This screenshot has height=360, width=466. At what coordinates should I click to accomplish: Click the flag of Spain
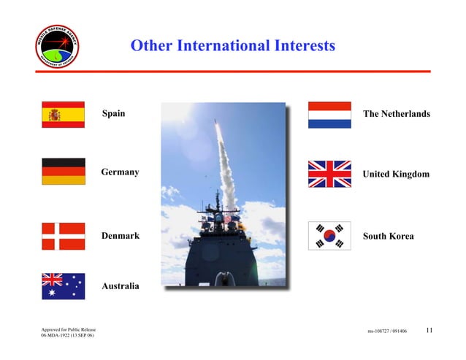pos(63,115)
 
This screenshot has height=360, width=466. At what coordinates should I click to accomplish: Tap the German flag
pos(63,172)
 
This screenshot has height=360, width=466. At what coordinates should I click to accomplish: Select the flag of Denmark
pos(63,236)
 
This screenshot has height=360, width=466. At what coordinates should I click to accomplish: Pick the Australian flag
pos(63,286)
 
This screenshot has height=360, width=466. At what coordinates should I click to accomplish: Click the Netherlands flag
pos(329,115)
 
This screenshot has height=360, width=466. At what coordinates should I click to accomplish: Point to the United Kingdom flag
pos(329,175)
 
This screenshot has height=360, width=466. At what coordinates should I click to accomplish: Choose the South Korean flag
pos(329,236)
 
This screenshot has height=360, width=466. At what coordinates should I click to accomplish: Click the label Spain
pos(113,113)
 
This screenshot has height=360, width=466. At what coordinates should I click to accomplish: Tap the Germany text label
pos(120,172)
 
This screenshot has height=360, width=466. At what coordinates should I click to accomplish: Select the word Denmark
pos(120,236)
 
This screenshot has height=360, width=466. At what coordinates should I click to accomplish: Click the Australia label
pos(120,286)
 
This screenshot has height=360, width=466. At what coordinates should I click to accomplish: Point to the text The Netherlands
pos(396,114)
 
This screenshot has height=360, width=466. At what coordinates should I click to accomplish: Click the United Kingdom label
pos(396,175)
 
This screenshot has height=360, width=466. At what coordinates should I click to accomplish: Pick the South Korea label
pos(388,236)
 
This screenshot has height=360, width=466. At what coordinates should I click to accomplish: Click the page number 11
pos(429,330)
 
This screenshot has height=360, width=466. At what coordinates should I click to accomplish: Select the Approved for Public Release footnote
pos(69,330)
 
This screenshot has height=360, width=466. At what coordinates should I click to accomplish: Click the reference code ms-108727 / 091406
pos(387,331)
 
